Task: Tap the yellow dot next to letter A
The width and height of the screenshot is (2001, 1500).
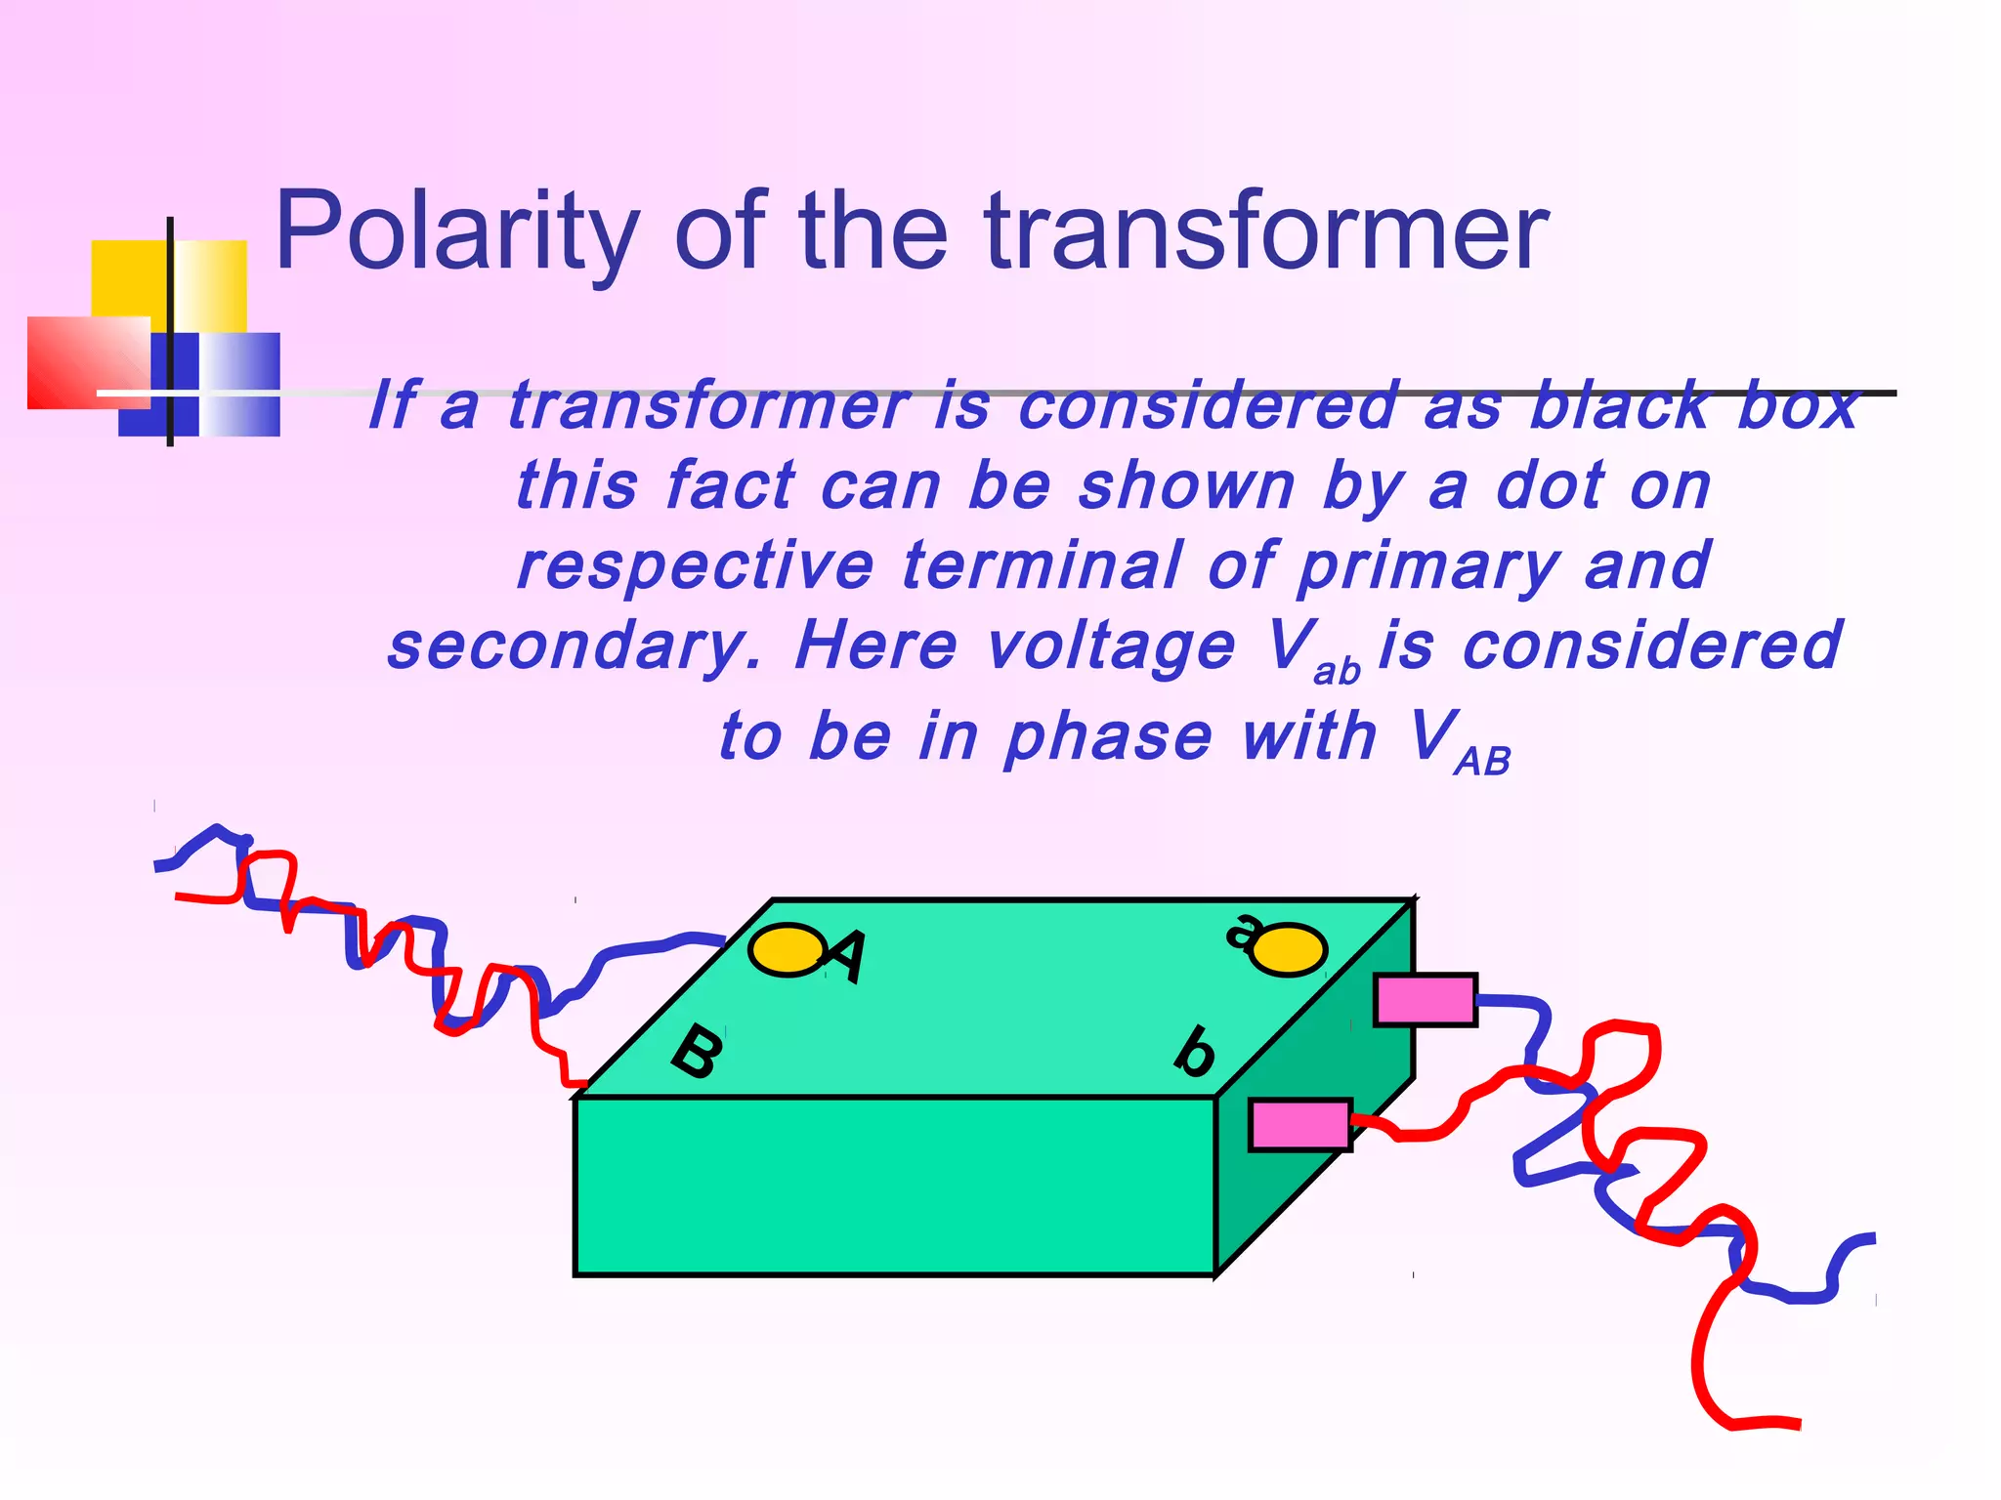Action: tap(786, 949)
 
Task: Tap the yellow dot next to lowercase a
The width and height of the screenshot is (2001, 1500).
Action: tap(1289, 949)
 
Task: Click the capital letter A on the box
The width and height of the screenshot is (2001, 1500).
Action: tap(846, 955)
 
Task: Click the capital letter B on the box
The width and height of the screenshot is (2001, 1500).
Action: tap(698, 1051)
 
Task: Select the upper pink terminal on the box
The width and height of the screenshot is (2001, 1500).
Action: tap(1425, 1000)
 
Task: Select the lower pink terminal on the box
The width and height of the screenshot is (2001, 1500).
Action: tap(1300, 1125)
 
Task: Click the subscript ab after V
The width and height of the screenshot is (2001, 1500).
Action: tap(1337, 672)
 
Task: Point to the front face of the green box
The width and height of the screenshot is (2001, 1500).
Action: tap(894, 1186)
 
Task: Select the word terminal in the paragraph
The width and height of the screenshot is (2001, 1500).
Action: tap(1042, 566)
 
